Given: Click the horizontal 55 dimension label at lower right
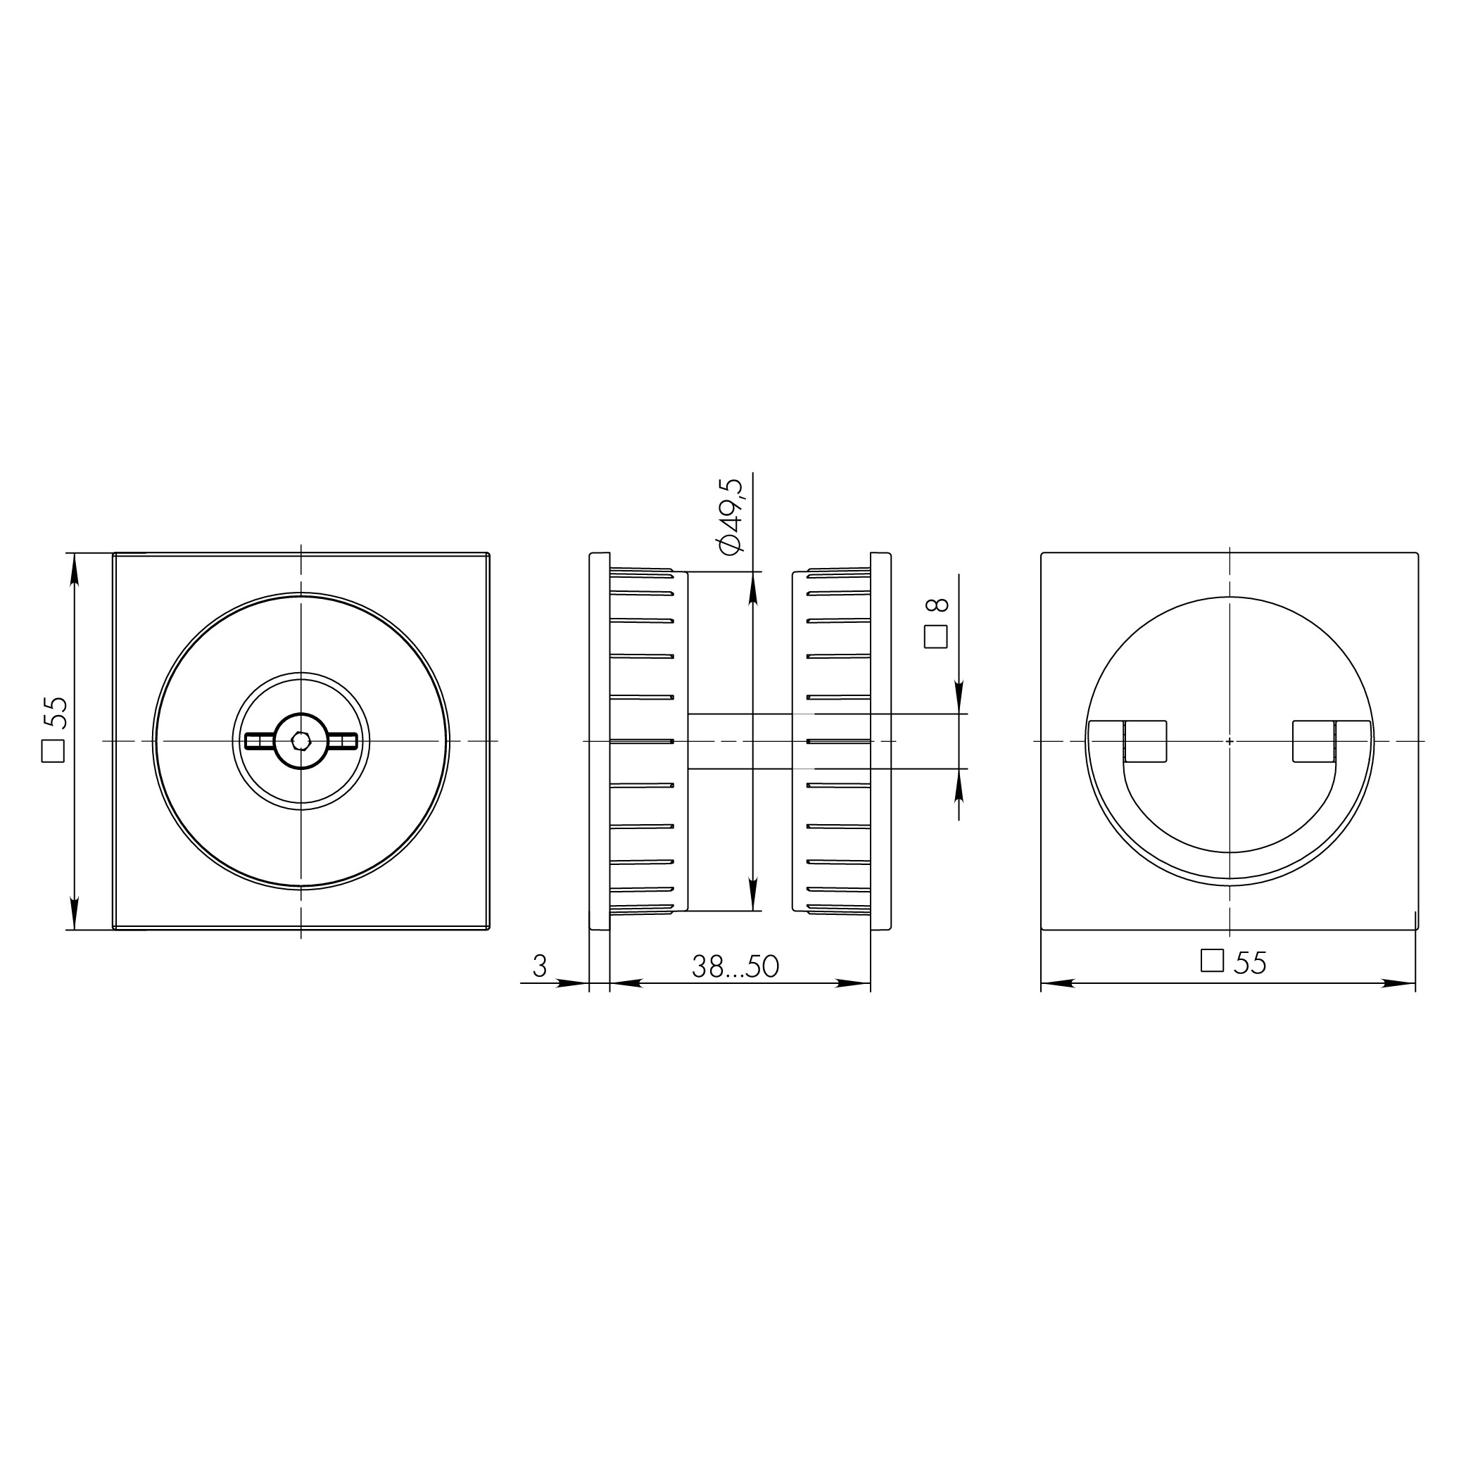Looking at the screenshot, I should [1250, 963].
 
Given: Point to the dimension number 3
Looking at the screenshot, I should [540, 966].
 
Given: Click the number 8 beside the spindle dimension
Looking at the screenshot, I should [938, 605].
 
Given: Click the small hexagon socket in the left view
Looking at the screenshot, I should [301, 740].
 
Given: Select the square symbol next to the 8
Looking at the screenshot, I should [935, 638].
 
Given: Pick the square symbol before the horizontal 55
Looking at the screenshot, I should [1212, 961].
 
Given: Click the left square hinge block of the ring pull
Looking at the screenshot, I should [1145, 741].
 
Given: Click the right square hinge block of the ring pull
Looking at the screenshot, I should [1313, 741].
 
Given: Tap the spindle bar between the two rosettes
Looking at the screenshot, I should [740, 741].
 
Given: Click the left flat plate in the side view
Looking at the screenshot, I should [600, 740].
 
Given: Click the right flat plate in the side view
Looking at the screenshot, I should [880, 740].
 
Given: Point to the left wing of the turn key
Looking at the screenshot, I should [260, 740].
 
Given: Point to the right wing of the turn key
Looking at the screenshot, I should [343, 740].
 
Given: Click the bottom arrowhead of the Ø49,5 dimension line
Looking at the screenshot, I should [753, 895].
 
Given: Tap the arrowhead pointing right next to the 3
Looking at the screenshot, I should [572, 983].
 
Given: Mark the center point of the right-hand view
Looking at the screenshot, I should [1230, 740].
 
